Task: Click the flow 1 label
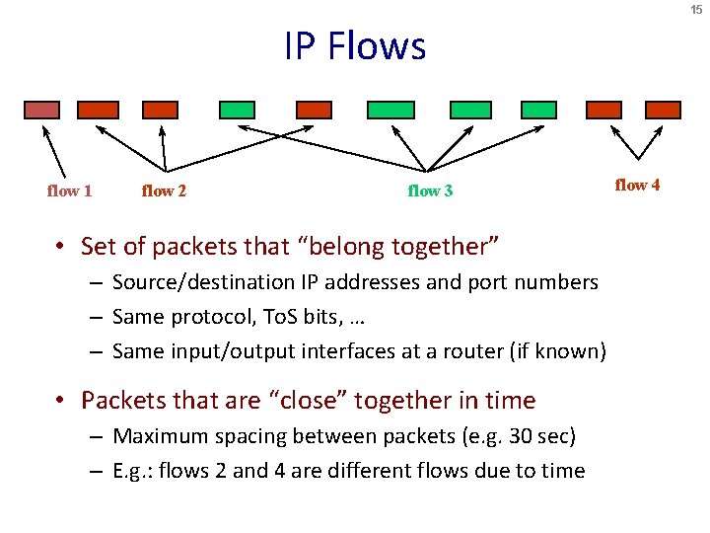point(69,190)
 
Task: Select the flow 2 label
point(164,190)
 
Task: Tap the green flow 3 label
point(430,190)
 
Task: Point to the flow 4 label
point(637,185)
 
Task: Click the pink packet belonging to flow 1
point(42,110)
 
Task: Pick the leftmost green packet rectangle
point(237,110)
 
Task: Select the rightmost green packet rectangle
point(538,110)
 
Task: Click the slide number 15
point(697,10)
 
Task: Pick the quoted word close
point(312,401)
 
